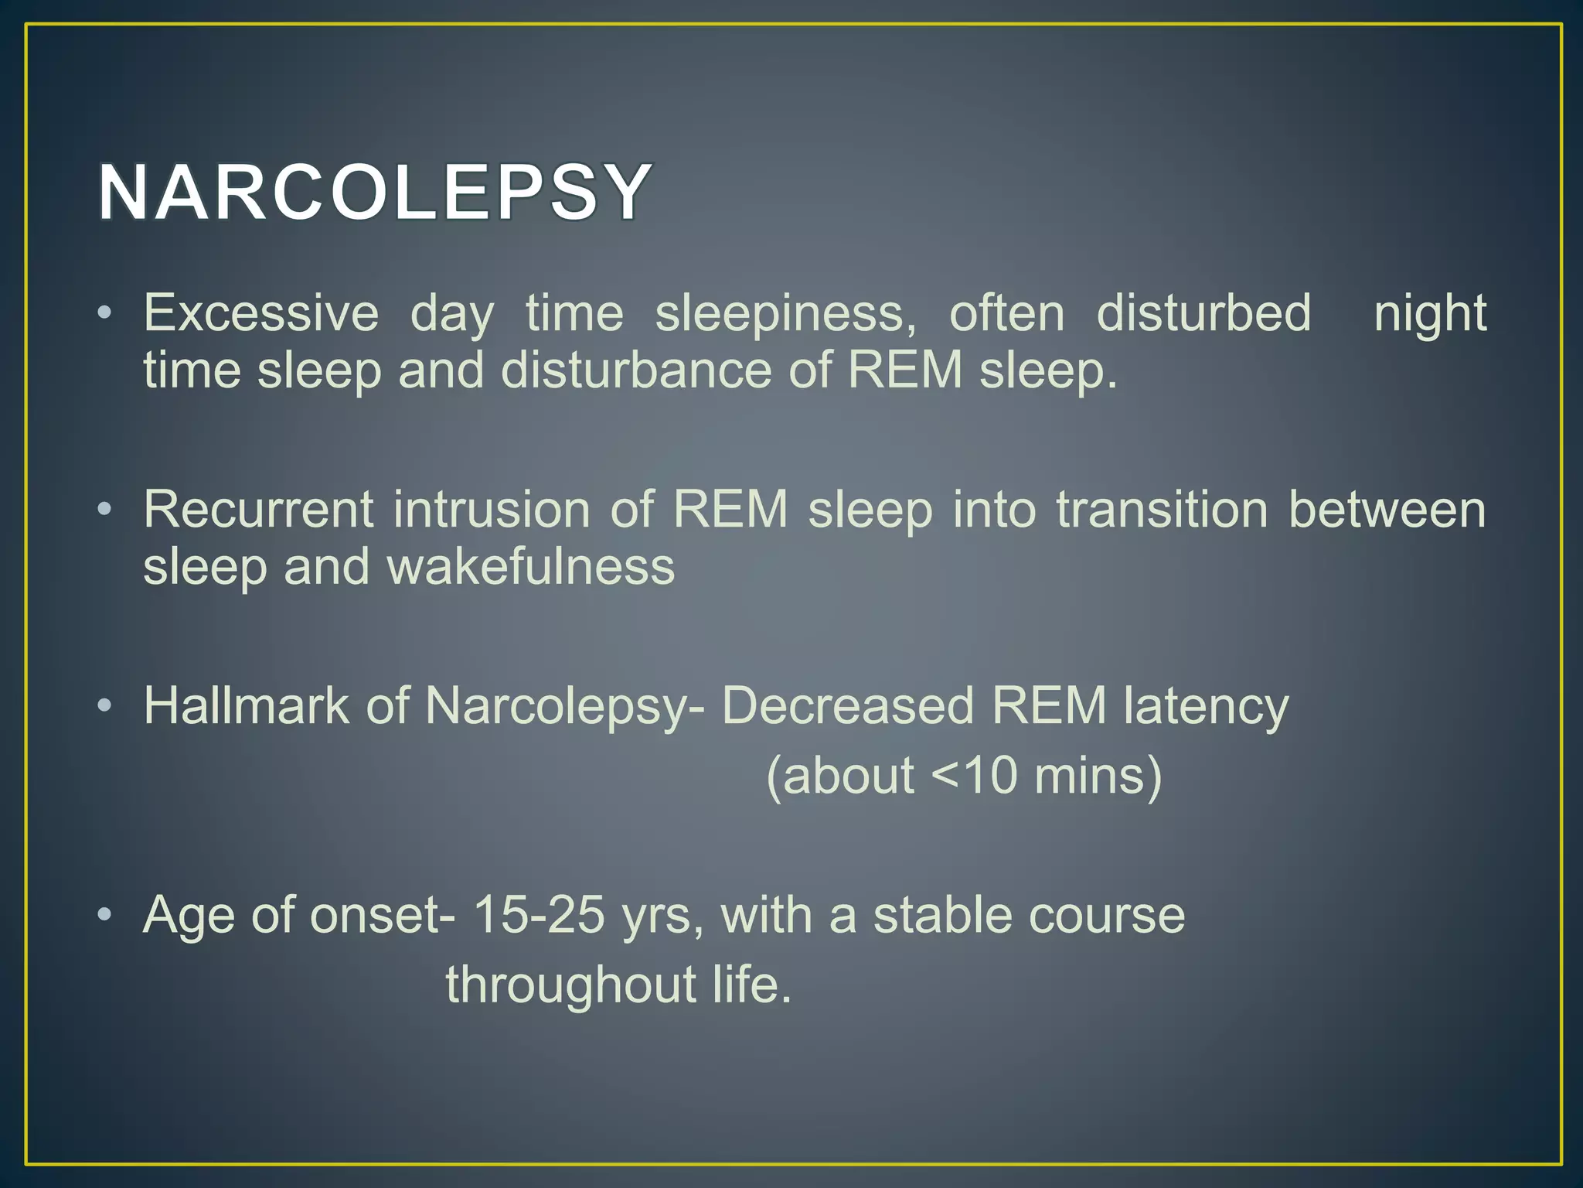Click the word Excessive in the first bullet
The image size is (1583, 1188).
(260, 313)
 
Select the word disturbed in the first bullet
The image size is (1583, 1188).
(1203, 313)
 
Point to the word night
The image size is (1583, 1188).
(1429, 313)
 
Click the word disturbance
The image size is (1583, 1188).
(635, 370)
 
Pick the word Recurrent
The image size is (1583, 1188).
(259, 510)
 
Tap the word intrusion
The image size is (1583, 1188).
(492, 510)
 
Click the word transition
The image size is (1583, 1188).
(1162, 510)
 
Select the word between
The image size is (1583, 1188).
(1387, 510)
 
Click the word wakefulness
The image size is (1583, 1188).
(530, 567)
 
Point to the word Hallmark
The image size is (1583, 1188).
(246, 706)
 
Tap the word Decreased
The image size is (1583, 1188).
(847, 706)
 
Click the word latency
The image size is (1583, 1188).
(1206, 708)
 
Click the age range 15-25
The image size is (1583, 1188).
(538, 915)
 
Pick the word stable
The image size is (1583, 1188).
(942, 915)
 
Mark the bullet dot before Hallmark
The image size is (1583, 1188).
(105, 706)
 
